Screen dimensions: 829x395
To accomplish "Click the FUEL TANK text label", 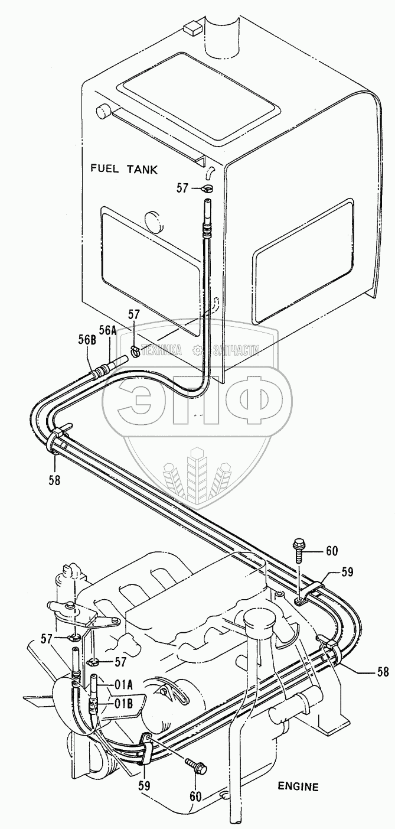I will [x=124, y=169].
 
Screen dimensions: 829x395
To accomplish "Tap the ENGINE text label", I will [x=298, y=786].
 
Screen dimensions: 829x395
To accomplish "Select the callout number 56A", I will [x=108, y=331].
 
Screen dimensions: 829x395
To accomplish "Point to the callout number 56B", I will [x=86, y=340].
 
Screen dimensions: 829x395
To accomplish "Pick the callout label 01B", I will [x=123, y=703].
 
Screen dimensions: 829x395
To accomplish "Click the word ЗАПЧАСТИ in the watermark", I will [x=235, y=350].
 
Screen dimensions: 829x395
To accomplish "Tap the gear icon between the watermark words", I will [x=197, y=350].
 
